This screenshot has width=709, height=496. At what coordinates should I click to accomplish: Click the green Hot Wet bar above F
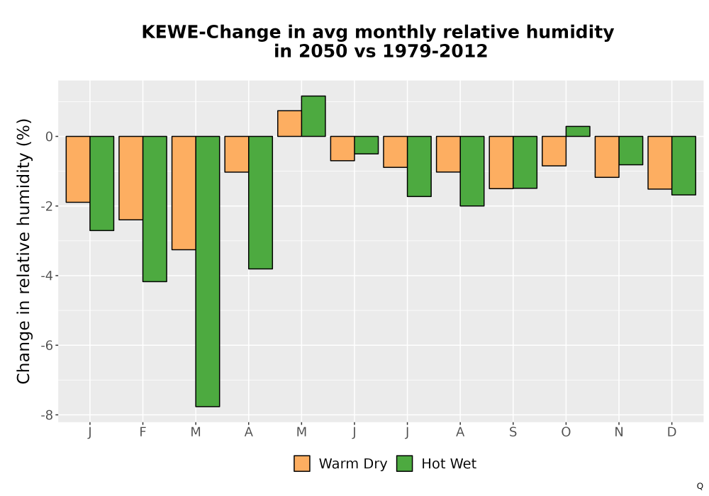(x=155, y=209)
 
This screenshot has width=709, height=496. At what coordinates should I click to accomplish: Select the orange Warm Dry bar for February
(x=130, y=178)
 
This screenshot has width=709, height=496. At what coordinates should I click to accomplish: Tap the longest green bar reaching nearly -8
(x=208, y=271)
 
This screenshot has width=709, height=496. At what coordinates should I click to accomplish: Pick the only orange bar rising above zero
(x=289, y=123)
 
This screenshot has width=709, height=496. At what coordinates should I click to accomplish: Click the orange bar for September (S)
(x=501, y=162)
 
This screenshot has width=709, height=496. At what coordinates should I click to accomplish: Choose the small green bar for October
(x=578, y=131)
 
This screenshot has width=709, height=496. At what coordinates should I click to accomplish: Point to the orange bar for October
(x=554, y=151)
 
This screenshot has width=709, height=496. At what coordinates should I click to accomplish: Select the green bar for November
(x=631, y=150)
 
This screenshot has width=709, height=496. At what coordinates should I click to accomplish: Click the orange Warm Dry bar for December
(x=659, y=163)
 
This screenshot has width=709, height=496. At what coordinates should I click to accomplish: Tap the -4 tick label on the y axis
(x=47, y=276)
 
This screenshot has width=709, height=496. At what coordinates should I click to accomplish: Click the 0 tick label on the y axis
(x=50, y=137)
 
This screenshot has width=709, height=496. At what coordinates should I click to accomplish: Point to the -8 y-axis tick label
(x=47, y=415)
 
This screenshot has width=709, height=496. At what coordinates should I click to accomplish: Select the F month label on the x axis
(x=143, y=432)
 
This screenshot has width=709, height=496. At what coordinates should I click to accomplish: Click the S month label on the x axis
(x=513, y=432)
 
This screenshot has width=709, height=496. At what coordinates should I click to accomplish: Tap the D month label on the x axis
(x=671, y=432)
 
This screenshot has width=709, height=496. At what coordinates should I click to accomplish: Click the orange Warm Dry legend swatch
(x=302, y=463)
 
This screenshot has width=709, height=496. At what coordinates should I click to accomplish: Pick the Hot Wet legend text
(x=449, y=464)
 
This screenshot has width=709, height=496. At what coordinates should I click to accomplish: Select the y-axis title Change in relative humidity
(x=23, y=251)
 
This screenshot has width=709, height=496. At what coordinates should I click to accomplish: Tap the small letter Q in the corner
(x=700, y=486)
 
